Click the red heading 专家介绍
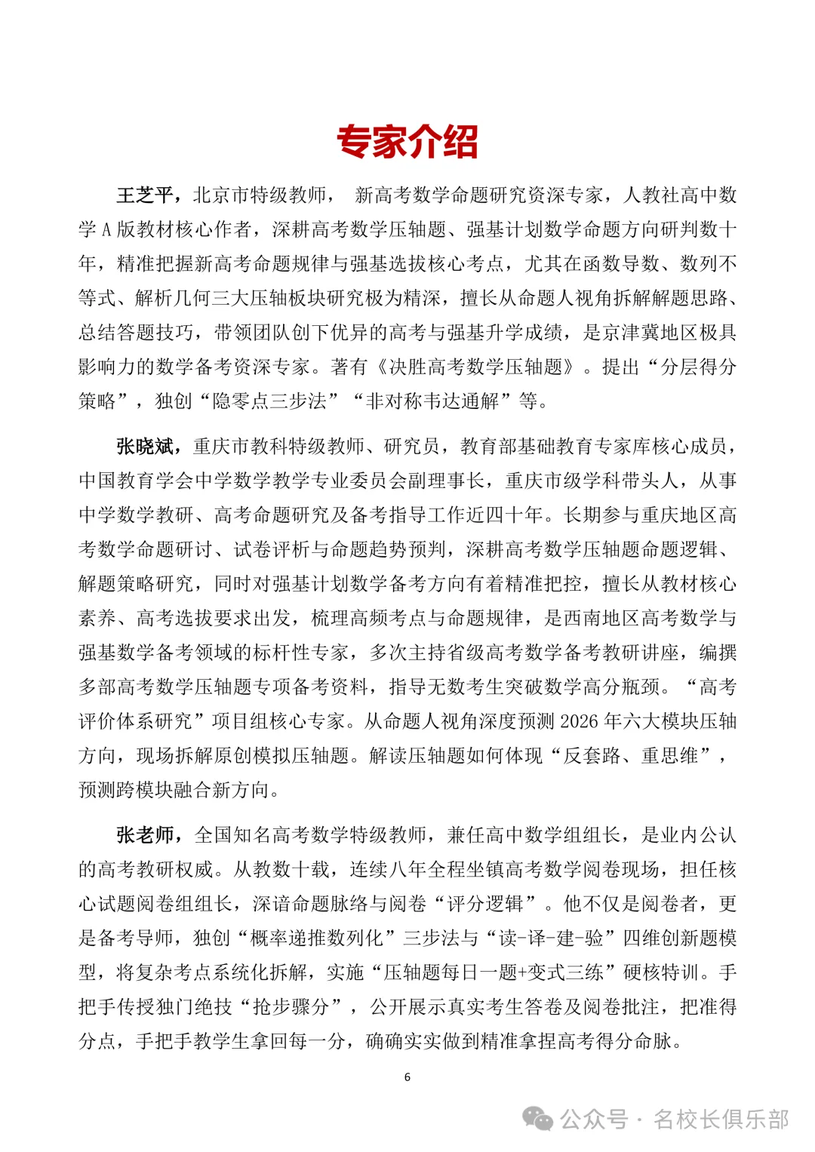pyautogui.click(x=407, y=142)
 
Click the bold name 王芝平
pyautogui.click(x=146, y=195)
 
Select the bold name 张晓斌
pyautogui.click(x=146, y=447)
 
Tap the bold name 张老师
pyautogui.click(x=146, y=835)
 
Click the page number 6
pyautogui.click(x=407, y=1077)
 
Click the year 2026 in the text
pyautogui.click(x=580, y=721)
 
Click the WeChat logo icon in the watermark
pyautogui.click(x=539, y=1120)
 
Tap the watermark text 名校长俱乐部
pyautogui.click(x=721, y=1120)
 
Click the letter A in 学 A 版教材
pyautogui.click(x=106, y=230)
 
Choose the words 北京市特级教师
pyautogui.click(x=260, y=195)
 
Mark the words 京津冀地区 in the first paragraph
pyautogui.click(x=649, y=333)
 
